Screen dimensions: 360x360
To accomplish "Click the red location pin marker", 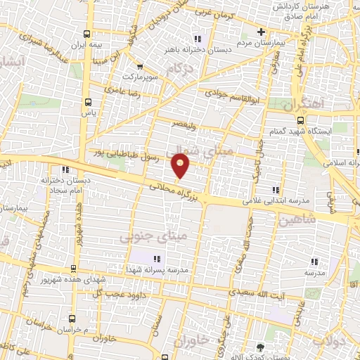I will [181, 166].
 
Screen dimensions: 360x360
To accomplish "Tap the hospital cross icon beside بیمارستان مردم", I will [261, 32].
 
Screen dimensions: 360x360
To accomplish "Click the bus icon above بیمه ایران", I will [87, 34].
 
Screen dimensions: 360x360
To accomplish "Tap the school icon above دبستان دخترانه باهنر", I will [198, 39].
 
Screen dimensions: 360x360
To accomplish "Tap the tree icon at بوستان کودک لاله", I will [261, 347].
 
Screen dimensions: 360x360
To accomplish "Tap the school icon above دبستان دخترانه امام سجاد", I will [65, 169].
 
